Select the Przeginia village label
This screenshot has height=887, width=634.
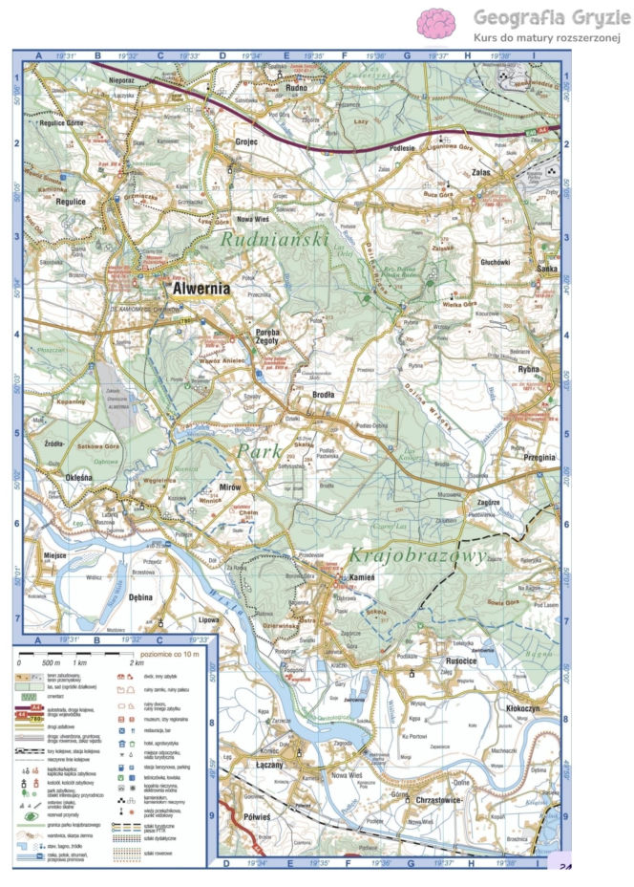(x=537, y=457)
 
